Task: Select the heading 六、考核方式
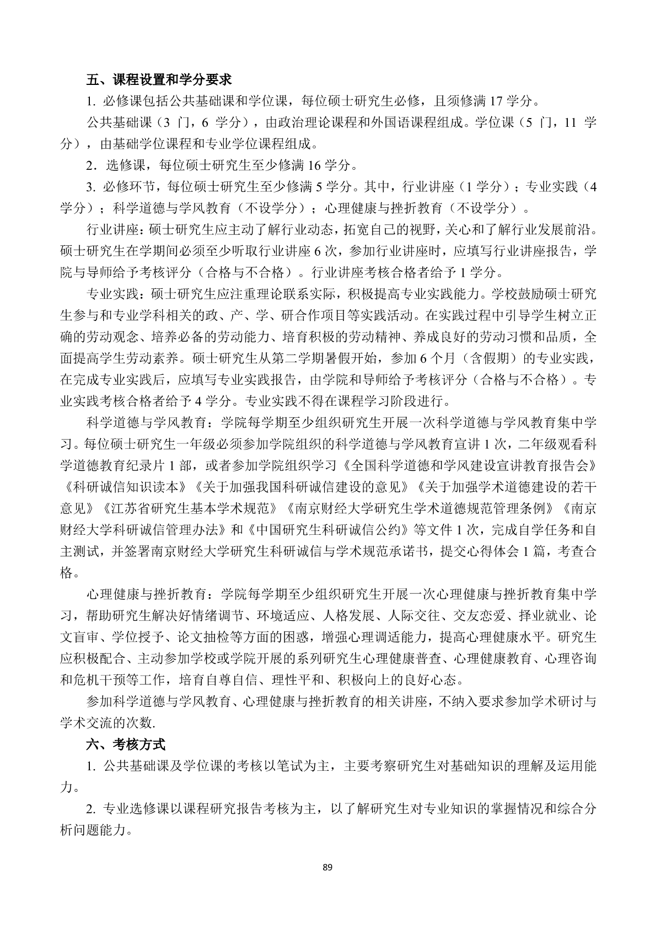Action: (126, 745)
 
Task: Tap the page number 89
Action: (328, 867)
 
